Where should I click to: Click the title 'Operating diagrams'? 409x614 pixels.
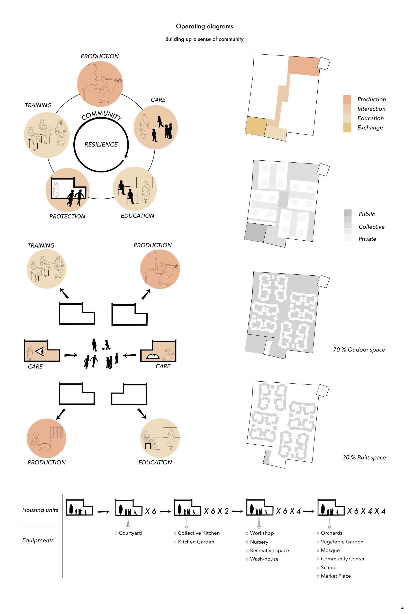click(204, 26)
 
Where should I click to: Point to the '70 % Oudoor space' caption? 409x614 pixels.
click(359, 349)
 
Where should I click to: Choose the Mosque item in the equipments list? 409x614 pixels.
click(330, 550)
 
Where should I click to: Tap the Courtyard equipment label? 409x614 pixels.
click(130, 533)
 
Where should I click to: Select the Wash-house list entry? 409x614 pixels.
click(264, 559)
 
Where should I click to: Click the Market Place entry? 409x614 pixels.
click(336, 576)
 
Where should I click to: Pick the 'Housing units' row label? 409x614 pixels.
click(40, 510)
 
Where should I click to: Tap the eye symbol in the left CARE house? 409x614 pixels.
click(40, 351)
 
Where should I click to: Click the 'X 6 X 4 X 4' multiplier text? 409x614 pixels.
click(366, 511)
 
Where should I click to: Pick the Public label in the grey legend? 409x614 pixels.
click(366, 214)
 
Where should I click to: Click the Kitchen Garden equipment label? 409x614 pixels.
click(196, 542)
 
